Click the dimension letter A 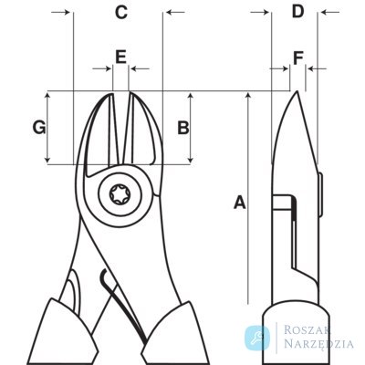(239, 203)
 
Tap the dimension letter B (183, 128)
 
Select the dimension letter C (121, 13)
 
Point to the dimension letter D (297, 12)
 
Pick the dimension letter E (120, 57)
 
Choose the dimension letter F (298, 58)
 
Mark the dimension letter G (39, 128)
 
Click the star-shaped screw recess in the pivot (120, 194)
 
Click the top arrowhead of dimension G (47, 97)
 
